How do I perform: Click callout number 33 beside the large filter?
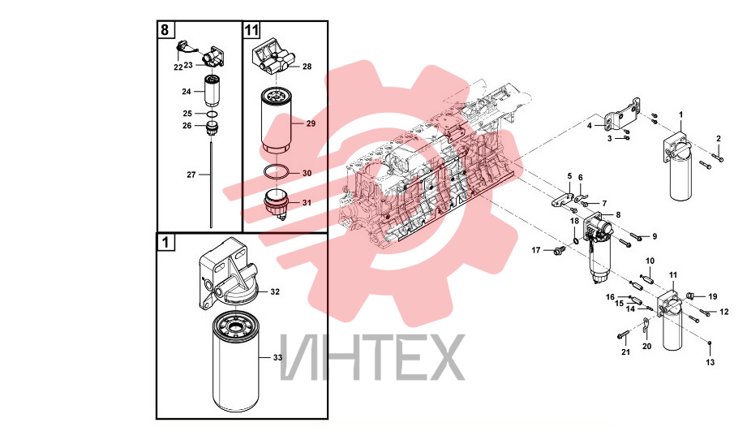coord(277,357)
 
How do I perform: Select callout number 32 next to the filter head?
coord(275,291)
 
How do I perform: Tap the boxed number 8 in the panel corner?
coord(165,29)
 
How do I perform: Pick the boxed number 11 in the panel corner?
coord(251,30)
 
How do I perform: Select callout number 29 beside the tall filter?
coord(311,123)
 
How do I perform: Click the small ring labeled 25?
coord(213,114)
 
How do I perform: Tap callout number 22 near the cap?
coord(178,67)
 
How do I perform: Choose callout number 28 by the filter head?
coord(307,67)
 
